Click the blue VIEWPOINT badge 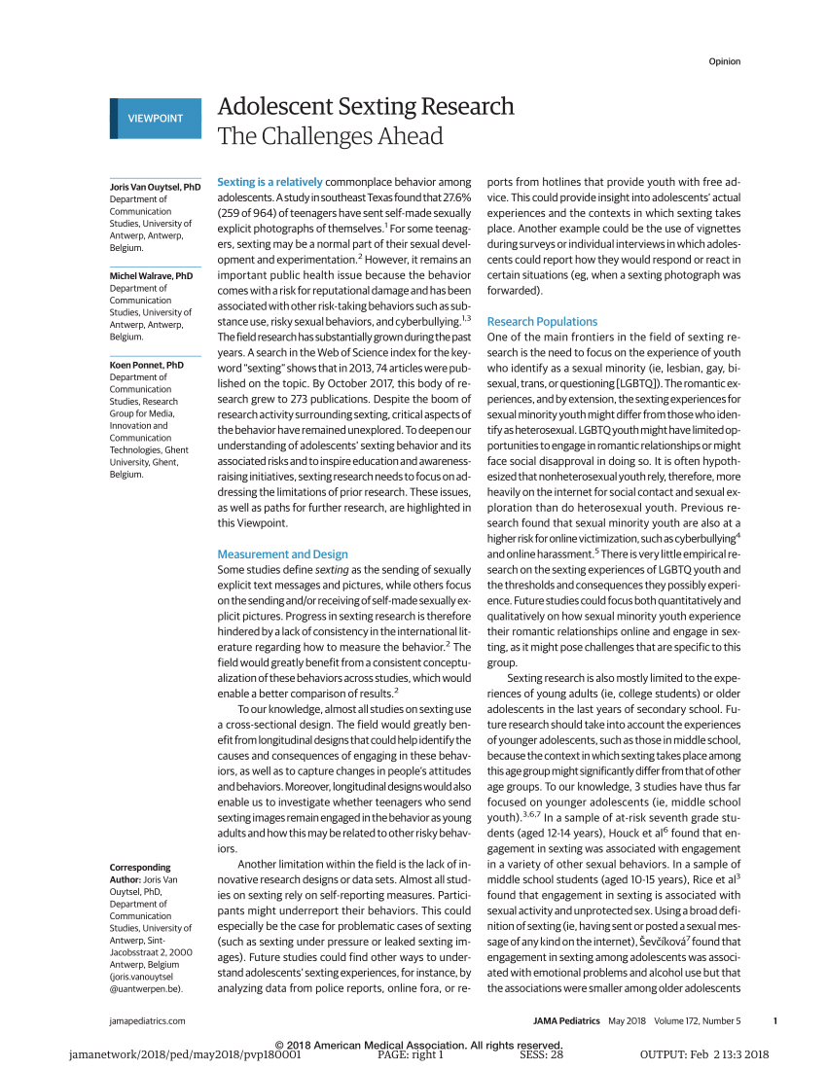(155, 119)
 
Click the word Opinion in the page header (724, 62)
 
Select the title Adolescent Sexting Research (365, 106)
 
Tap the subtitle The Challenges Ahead (330, 136)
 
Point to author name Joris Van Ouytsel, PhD (155, 186)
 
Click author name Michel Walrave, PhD (152, 276)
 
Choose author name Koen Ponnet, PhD (147, 365)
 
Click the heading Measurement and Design (282, 554)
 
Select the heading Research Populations (542, 321)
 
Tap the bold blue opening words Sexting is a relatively (270, 182)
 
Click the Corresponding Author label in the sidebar (141, 873)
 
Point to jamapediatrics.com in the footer (147, 1020)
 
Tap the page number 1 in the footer (774, 1020)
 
